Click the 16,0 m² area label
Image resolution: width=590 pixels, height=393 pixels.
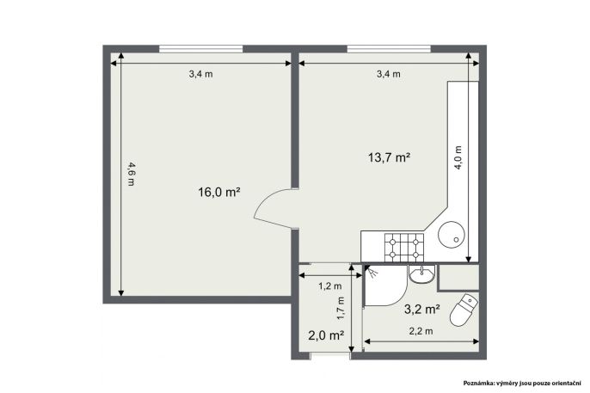(219, 192)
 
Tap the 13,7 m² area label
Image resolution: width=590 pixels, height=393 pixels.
(389, 157)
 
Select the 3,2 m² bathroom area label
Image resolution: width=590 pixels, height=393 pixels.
(422, 309)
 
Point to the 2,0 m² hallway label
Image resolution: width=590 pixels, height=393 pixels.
(326, 335)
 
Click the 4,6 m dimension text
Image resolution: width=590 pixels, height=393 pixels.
(131, 174)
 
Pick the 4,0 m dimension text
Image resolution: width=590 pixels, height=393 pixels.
(458, 157)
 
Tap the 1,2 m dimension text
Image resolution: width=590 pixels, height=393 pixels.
(330, 286)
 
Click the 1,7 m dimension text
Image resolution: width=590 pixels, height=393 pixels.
(341, 309)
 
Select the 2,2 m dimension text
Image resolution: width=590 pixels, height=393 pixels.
(421, 331)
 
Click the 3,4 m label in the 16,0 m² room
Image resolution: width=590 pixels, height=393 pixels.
(200, 74)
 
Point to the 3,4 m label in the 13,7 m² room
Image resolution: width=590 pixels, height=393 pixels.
(389, 74)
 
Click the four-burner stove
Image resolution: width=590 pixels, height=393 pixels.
(403, 247)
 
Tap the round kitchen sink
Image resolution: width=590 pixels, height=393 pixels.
(452, 234)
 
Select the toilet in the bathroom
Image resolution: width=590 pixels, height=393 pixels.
(464, 310)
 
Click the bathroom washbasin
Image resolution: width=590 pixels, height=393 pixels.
(421, 274)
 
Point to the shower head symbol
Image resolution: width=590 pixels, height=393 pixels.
(372, 272)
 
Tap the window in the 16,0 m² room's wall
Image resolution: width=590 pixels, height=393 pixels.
(200, 49)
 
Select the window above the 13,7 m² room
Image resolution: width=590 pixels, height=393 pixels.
(389, 49)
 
